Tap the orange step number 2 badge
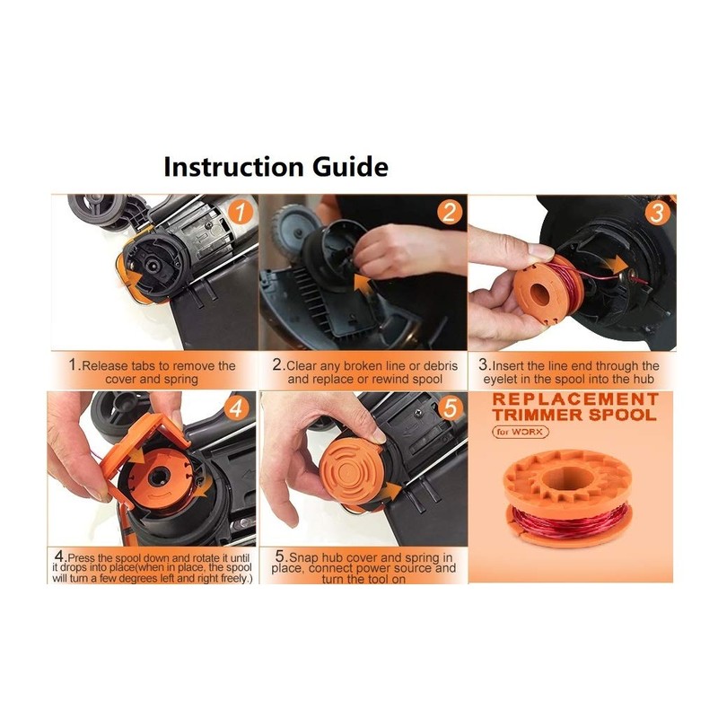(448, 214)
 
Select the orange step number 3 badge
(658, 214)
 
